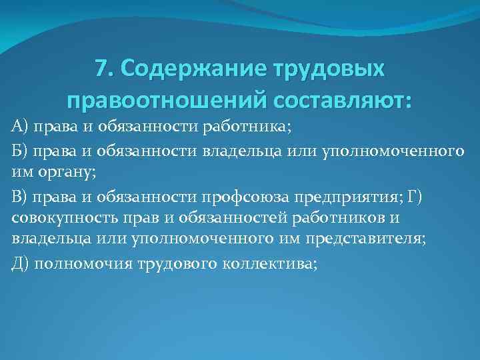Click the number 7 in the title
(101, 69)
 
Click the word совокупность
(64, 218)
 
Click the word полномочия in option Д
(76, 263)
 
